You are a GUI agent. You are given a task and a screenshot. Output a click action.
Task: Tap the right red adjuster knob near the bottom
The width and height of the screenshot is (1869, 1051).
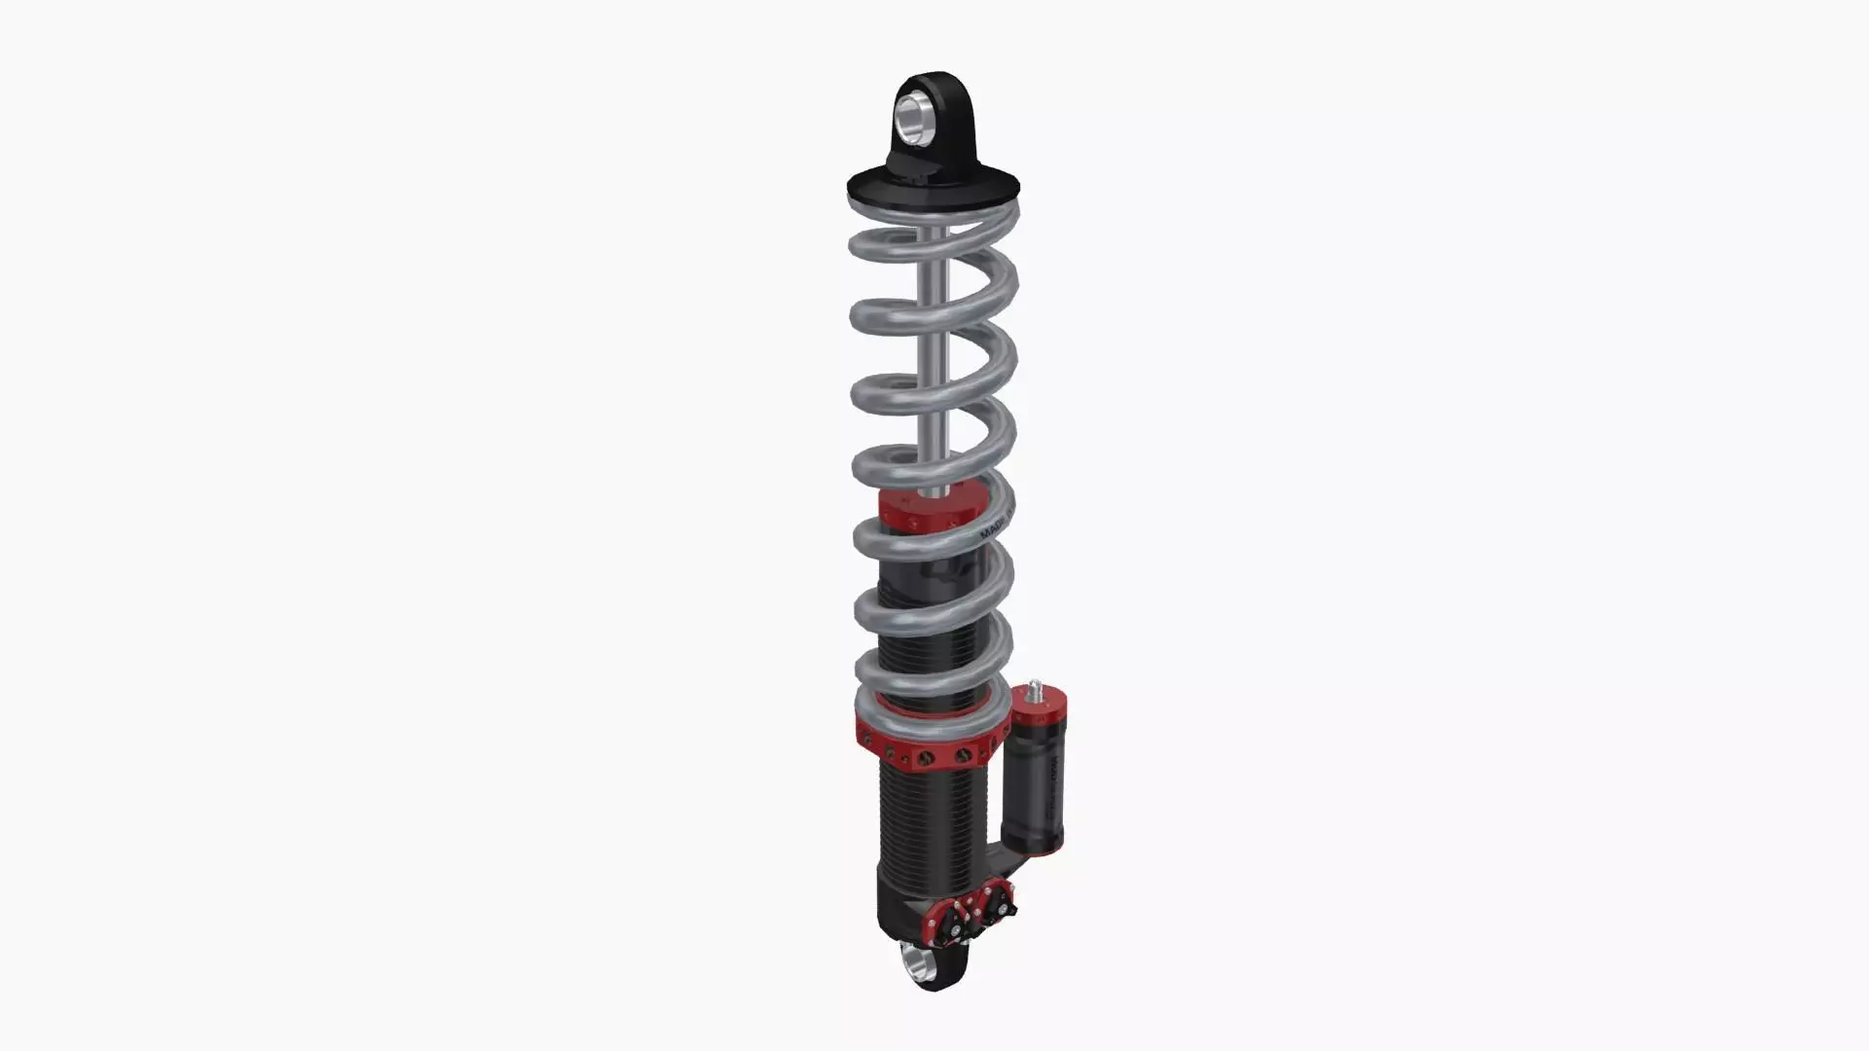[x=997, y=900]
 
